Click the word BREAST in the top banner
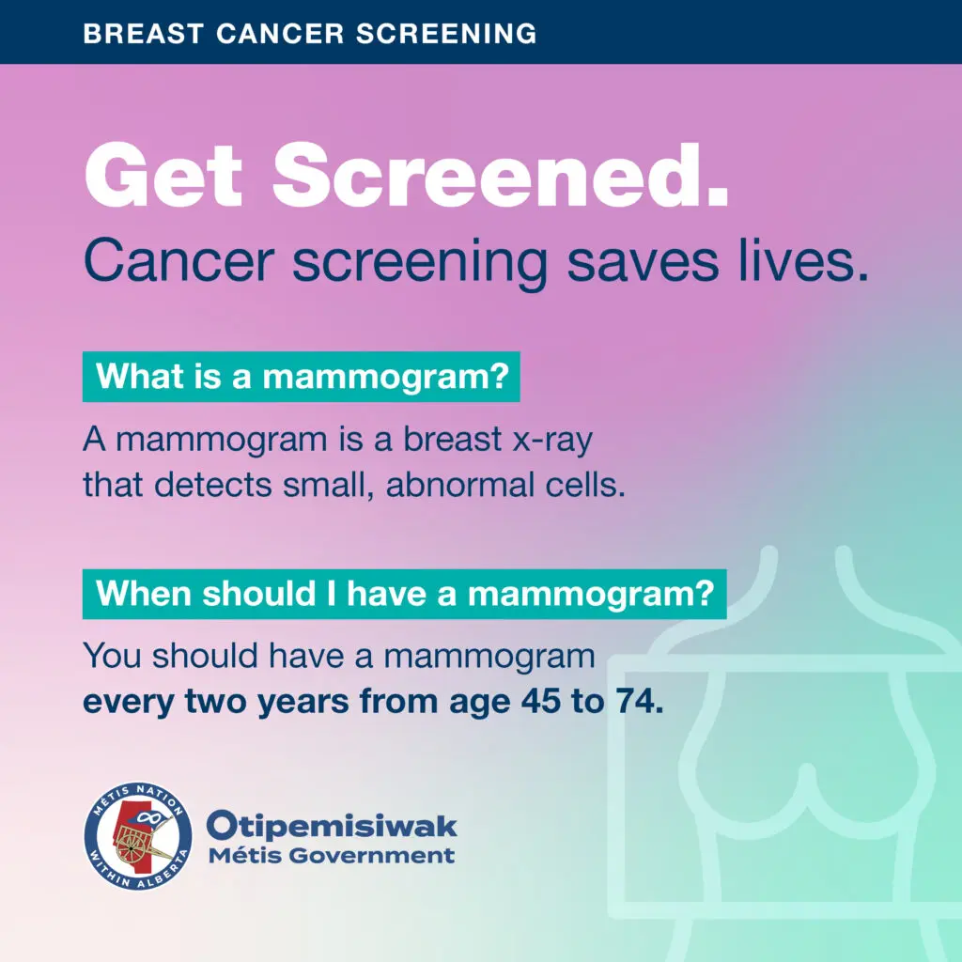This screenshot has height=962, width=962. pos(143,33)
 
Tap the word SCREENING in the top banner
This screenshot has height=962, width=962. pos(446,33)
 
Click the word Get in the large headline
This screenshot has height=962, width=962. pos(163,176)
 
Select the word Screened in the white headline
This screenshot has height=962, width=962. pos(500,176)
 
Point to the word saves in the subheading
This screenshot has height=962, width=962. pos(643,260)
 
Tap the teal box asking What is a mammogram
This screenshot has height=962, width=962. pos(302,377)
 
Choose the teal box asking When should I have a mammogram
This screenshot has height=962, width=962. pos(404,594)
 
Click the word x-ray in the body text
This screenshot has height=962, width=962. pos(552,441)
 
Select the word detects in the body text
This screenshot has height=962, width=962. pos(212,485)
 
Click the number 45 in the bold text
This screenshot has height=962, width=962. pos(540,701)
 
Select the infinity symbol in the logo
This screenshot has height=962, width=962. pos(147,816)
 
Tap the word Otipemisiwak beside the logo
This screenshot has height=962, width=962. pos(332,826)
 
